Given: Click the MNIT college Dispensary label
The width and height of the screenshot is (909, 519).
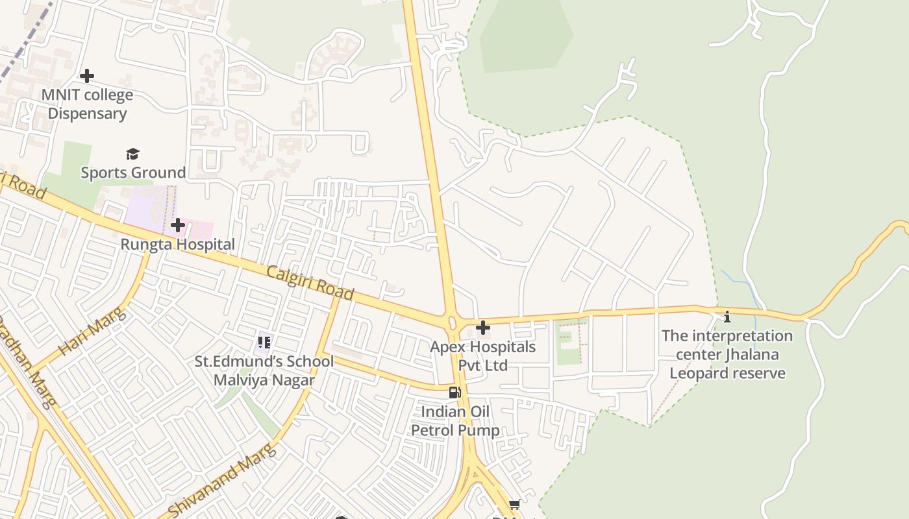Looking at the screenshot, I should coord(87,104).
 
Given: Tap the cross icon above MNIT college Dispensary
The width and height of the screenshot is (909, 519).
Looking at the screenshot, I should coord(86,76).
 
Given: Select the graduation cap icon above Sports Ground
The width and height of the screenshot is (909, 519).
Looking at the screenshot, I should coord(132,154).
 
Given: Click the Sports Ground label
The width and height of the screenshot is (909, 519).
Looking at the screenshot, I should coord(133,173).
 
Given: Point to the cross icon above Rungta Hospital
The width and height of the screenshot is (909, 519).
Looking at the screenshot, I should coord(177,226).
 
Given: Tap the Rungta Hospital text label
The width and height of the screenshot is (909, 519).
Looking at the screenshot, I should coord(177,245).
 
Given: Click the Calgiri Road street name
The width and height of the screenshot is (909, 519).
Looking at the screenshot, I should coord(310,283).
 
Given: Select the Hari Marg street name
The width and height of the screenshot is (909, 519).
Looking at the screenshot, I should coord(92,332).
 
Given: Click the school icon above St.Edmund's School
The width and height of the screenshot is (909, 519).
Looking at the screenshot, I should coord(264,342).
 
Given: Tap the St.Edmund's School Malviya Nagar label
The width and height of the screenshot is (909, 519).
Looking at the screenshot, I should coord(264,370).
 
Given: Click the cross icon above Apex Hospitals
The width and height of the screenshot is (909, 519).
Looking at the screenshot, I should coord(482,328).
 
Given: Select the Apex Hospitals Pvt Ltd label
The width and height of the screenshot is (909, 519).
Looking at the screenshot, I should coord(482,356).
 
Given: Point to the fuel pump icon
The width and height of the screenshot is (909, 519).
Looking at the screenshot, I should coord(454,392).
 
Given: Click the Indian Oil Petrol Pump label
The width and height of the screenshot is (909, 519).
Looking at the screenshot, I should coord(455,421).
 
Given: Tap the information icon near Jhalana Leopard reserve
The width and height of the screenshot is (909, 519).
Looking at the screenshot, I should coord(727,317).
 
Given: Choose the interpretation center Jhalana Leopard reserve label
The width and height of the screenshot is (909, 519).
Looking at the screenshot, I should coord(727,354).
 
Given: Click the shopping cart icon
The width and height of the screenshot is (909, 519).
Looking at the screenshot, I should coord(514,504).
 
